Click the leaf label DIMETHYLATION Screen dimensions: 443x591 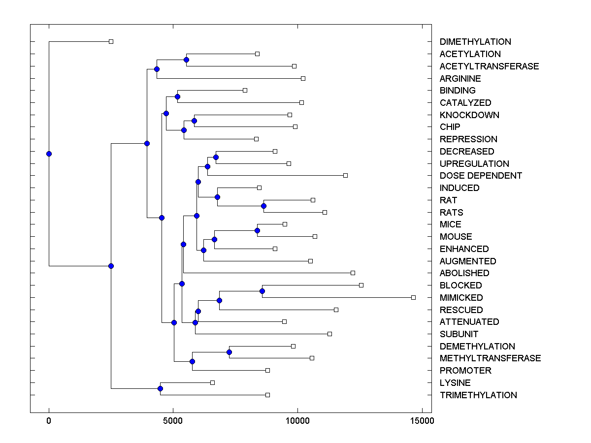click(x=475, y=42)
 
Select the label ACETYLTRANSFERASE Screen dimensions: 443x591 click(x=489, y=66)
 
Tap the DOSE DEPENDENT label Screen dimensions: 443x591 click(x=481, y=176)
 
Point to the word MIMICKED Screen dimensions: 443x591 click(x=461, y=298)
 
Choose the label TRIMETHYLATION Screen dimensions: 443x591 click(x=478, y=395)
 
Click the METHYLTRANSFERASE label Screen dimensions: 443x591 click(x=490, y=358)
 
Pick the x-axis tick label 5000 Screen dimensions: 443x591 click(x=173, y=421)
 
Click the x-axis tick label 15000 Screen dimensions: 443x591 click(x=422, y=421)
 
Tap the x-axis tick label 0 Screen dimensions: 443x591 click(x=49, y=421)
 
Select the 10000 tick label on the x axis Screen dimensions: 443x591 click(x=297, y=421)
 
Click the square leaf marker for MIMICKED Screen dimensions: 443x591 click(x=413, y=297)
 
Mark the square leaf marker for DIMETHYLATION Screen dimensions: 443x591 click(x=111, y=42)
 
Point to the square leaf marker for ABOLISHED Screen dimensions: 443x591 click(x=353, y=273)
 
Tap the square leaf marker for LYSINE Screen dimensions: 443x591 click(x=212, y=382)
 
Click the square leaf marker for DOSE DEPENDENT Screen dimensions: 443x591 click(x=345, y=175)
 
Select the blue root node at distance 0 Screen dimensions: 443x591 click(x=49, y=154)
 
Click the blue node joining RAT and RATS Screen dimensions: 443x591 click(x=263, y=206)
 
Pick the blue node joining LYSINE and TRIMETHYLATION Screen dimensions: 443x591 click(x=160, y=389)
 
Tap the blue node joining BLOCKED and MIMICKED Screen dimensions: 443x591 click(x=262, y=291)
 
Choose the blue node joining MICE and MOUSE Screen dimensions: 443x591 click(x=257, y=230)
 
